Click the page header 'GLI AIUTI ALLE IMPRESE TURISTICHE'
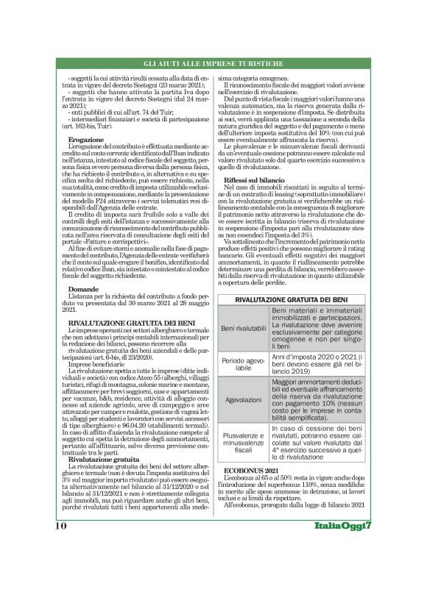(213, 66)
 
